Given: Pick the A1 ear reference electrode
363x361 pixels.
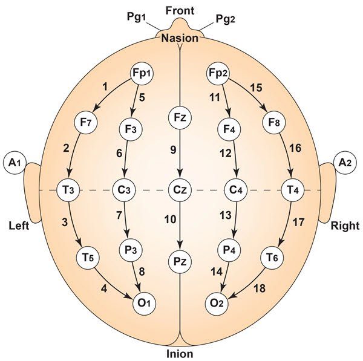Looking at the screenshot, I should pyautogui.click(x=14, y=162).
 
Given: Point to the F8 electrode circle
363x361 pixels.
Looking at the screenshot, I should pyautogui.click(x=274, y=122).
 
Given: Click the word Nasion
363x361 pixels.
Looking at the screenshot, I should pyautogui.click(x=180, y=38).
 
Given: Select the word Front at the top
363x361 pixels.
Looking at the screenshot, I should pyautogui.click(x=180, y=9).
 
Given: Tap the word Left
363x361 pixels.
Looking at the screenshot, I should pyautogui.click(x=19, y=226).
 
